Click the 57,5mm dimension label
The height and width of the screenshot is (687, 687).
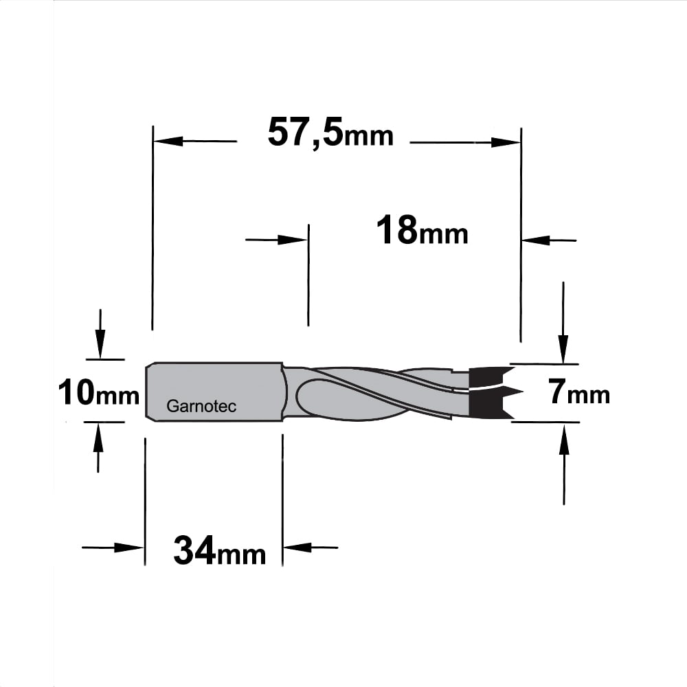330,133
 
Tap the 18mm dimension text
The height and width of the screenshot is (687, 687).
422,230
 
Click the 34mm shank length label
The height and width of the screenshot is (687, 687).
220,551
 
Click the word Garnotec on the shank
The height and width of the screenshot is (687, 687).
201,406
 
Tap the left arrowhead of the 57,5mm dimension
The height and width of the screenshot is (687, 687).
168,141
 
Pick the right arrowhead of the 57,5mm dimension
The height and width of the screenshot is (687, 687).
506,142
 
